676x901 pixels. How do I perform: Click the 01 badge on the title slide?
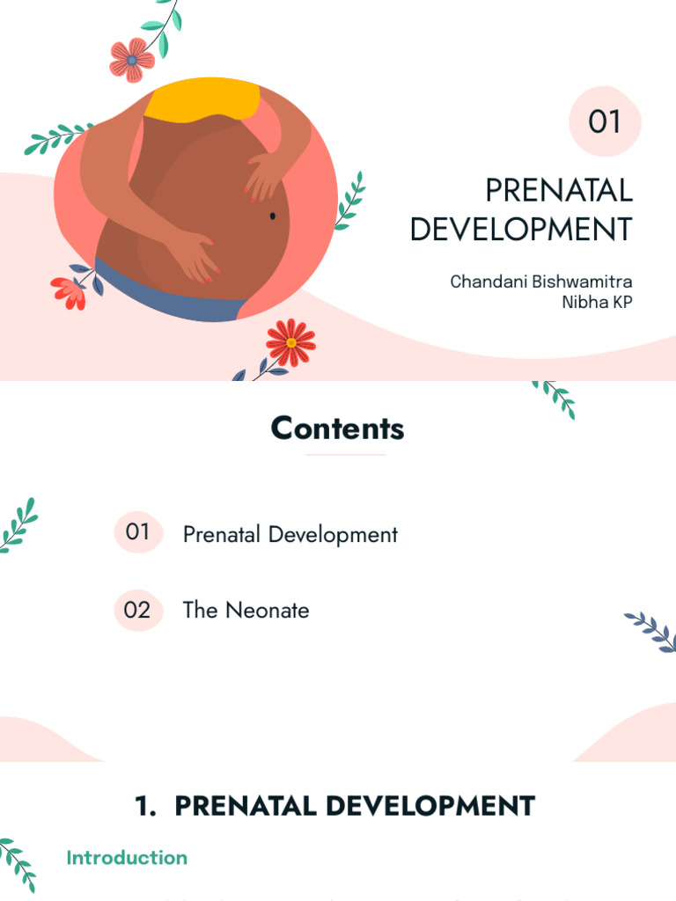coord(605,121)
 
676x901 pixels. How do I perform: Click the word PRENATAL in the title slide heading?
coord(559,190)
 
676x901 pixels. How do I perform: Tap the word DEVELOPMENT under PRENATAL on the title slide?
coord(521,229)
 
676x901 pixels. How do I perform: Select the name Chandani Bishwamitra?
coord(540,282)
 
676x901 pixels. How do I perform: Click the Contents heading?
coord(338,429)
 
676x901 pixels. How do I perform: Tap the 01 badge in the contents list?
coord(138,531)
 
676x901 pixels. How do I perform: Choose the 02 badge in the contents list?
coord(138,610)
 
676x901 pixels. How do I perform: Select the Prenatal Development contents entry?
coord(290,534)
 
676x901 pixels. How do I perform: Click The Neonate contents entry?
coord(246,610)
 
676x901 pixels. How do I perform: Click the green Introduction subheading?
coord(127,857)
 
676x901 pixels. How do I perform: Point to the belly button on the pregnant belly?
coord(273,216)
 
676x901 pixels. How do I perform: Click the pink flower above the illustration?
coord(132,60)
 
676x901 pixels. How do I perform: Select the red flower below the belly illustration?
coord(290,341)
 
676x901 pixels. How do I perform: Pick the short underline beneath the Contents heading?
coord(345,455)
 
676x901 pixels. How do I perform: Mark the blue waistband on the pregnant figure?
coord(167,290)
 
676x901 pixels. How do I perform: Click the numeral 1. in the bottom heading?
coord(145,806)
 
